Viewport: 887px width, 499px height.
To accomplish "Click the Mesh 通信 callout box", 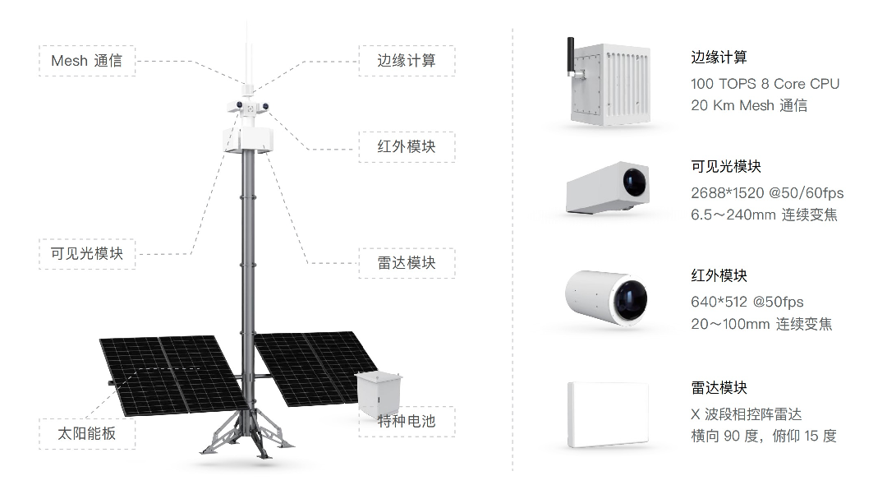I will pos(87,61).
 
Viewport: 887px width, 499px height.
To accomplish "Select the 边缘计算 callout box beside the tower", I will pos(406,61).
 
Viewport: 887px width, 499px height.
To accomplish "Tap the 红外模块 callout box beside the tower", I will pos(406,146).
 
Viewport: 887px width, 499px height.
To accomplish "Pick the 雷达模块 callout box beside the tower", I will pos(406,263).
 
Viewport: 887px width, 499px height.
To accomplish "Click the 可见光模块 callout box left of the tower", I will pos(87,253).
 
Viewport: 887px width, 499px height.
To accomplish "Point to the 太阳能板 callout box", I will pos(87,433).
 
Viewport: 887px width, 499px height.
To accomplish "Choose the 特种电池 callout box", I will pos(406,422).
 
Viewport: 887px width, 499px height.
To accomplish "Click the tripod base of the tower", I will pos(245,432).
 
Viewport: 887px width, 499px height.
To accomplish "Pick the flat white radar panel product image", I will pos(608,414).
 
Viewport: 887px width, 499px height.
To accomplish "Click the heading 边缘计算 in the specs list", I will pos(719,58).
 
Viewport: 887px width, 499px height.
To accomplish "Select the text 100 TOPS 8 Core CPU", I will pos(765,84).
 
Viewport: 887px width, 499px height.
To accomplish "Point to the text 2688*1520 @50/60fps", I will pos(767,193).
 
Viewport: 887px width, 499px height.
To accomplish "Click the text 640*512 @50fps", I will pos(747,302).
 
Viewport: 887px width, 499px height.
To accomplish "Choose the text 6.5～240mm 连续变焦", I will pos(764,215).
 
